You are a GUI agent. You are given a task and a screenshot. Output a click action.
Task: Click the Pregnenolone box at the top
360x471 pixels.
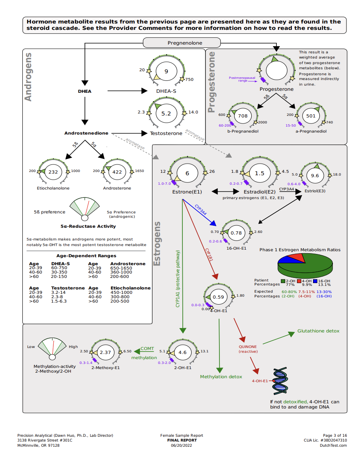click(182, 43)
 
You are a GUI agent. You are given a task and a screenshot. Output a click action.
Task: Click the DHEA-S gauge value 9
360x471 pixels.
click(166, 72)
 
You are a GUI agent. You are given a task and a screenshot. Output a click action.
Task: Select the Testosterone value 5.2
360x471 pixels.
click(166, 113)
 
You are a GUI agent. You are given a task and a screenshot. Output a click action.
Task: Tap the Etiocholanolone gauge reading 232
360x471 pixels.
click(53, 172)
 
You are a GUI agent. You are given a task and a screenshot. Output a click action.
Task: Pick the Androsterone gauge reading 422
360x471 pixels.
click(117, 172)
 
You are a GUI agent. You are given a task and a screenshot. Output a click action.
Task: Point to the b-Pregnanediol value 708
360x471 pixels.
click(243, 116)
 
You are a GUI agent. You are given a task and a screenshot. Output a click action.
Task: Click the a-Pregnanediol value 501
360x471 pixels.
click(309, 116)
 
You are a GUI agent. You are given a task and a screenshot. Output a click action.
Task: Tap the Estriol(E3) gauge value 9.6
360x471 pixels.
click(315, 176)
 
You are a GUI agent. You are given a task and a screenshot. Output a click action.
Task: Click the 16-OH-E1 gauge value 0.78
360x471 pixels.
click(236, 233)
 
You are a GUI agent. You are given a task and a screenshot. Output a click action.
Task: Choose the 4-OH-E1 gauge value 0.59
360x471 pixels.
click(218, 297)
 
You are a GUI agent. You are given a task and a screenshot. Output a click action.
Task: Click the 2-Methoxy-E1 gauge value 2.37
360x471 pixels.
click(105, 352)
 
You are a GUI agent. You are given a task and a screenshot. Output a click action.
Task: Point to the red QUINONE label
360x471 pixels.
click(248, 346)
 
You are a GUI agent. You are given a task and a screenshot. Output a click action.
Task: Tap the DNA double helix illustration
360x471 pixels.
click(280, 381)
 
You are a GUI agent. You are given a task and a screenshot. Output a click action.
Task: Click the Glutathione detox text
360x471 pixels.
click(318, 331)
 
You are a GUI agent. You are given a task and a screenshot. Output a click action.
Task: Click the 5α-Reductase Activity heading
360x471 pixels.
click(88, 226)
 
